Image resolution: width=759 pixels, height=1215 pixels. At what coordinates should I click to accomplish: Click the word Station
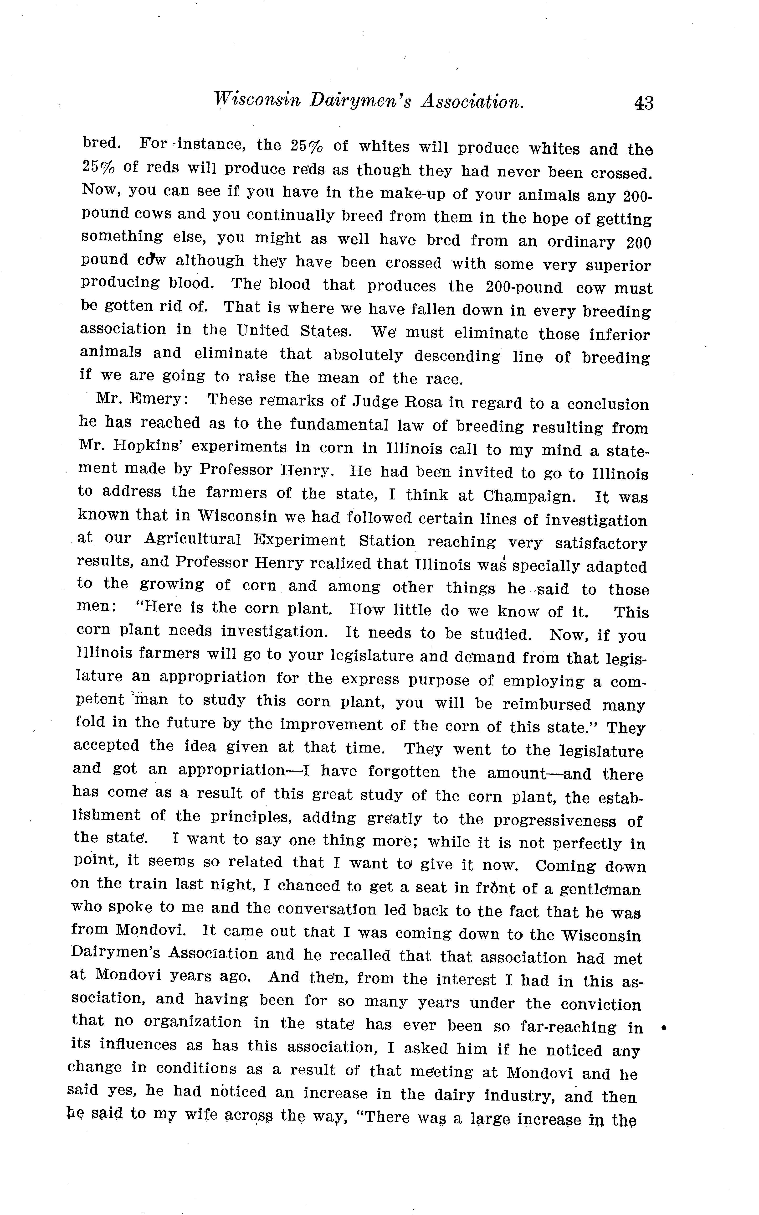point(386,541)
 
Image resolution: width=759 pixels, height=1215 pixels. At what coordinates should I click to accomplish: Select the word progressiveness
point(555,820)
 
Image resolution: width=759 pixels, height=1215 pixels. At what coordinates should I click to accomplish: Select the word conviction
point(601,1004)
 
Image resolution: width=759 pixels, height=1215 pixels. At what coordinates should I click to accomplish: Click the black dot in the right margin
point(664,1028)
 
